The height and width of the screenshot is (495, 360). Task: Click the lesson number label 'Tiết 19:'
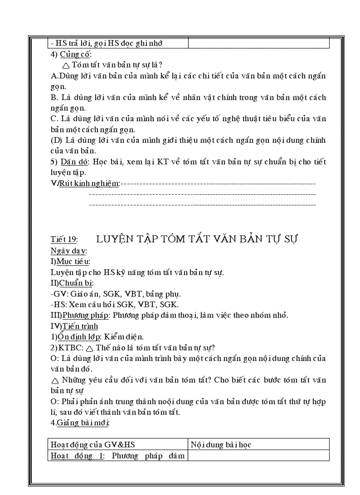pyautogui.click(x=64, y=239)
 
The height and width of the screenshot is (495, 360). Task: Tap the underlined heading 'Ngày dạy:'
pyautogui.click(x=68, y=251)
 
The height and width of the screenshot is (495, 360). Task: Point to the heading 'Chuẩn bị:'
pyautogui.click(x=76, y=283)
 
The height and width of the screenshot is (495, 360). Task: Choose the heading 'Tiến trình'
pyautogui.click(x=80, y=326)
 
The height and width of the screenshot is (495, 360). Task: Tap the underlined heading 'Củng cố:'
pyautogui.click(x=75, y=55)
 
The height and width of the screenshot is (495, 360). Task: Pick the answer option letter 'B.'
pyautogui.click(x=55, y=97)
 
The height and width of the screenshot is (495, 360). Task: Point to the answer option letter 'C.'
pyautogui.click(x=55, y=119)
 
